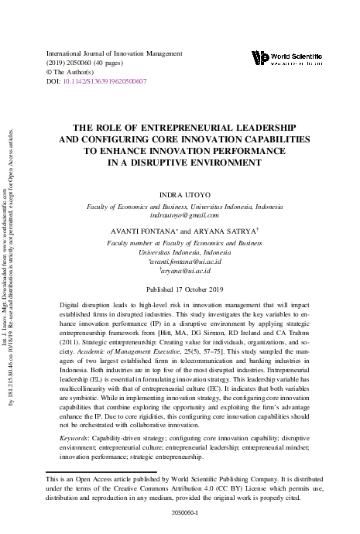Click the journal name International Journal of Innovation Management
pos(114,53)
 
